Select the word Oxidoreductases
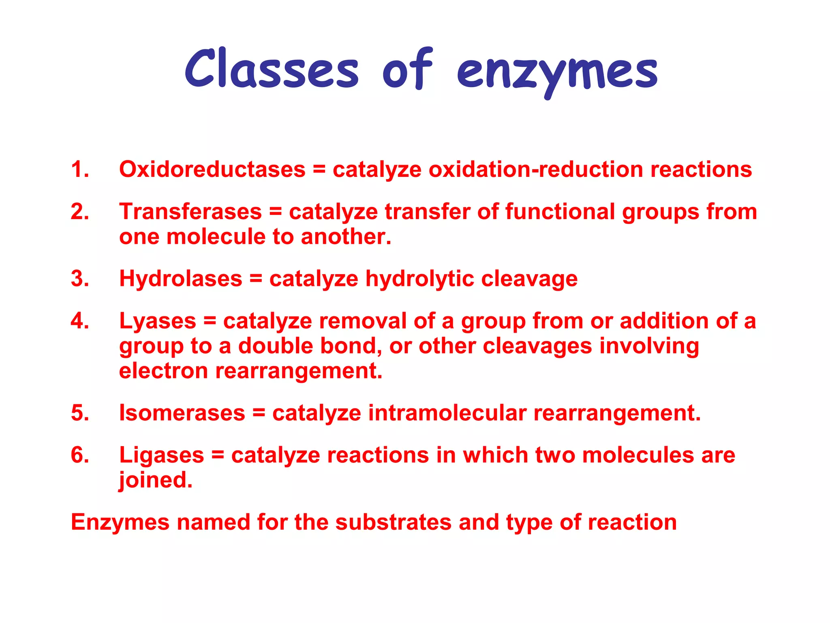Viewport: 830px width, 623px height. [212, 169]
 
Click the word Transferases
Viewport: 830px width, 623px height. [190, 212]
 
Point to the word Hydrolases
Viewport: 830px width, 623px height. [180, 279]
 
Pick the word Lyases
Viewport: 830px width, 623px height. [158, 321]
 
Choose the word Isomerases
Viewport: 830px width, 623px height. [182, 413]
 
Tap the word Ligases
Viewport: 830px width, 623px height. [161, 455]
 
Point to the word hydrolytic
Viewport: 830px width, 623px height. [420, 279]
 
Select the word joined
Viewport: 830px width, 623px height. [156, 480]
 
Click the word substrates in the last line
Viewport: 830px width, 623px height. [393, 522]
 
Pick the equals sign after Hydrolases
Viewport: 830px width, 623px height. [256, 279]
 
